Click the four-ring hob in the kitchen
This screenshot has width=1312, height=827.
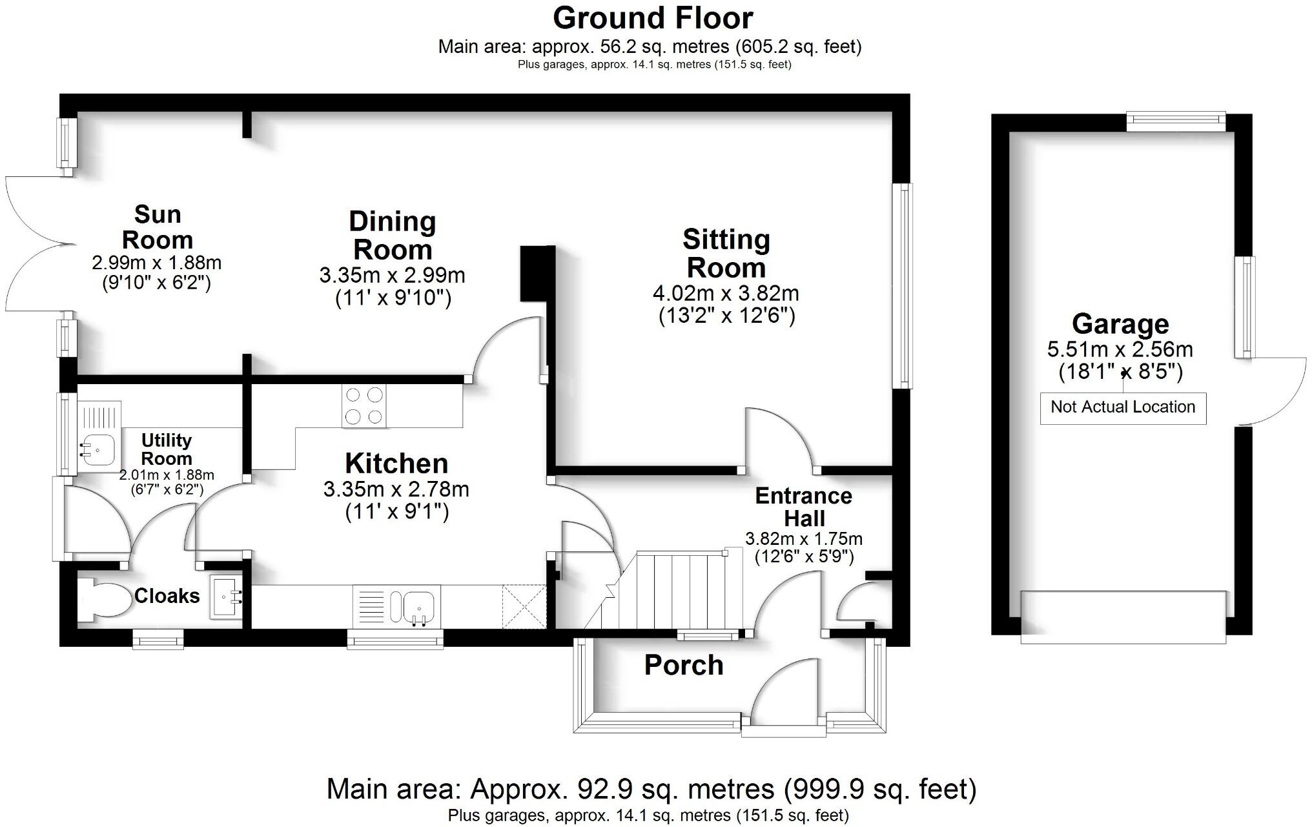364,406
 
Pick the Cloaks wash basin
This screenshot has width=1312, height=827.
226,598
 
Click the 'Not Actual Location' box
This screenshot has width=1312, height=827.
1122,407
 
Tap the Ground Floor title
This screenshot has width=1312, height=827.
653,18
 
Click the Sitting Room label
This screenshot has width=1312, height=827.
726,253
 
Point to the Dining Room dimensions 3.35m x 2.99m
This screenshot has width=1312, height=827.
392,276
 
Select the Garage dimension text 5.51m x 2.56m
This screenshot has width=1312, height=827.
1120,350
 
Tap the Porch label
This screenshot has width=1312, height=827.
683,666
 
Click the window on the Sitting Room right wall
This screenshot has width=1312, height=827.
902,286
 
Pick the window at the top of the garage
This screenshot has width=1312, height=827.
1175,121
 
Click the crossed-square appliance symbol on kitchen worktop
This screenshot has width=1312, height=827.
524,606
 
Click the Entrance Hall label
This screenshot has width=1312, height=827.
804,507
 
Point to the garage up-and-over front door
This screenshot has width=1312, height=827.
1122,617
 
